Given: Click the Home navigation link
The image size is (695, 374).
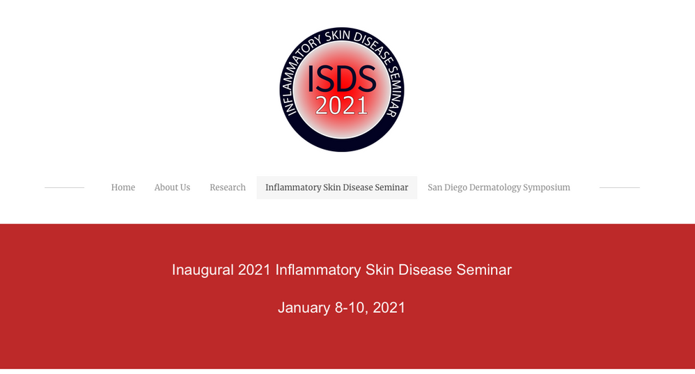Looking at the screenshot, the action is click(x=123, y=187).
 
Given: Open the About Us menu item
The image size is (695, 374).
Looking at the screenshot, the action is click(x=172, y=187).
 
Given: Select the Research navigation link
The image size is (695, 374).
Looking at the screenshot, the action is click(x=228, y=187).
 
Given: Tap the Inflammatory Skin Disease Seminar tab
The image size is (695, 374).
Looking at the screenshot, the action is click(x=337, y=187).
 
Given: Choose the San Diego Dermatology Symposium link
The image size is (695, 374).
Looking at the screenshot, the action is click(x=499, y=187).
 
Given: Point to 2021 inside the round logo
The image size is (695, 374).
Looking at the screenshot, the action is click(x=341, y=105).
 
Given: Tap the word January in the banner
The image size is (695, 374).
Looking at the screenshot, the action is click(x=304, y=308).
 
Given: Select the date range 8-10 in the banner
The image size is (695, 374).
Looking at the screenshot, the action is click(x=351, y=308).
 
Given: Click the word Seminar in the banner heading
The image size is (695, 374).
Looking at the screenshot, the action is click(x=484, y=270).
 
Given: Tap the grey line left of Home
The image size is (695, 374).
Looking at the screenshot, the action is click(x=64, y=187).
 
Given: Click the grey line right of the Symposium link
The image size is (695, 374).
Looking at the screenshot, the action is click(x=620, y=187).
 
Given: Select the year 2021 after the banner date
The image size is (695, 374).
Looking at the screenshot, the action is click(x=389, y=308).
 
